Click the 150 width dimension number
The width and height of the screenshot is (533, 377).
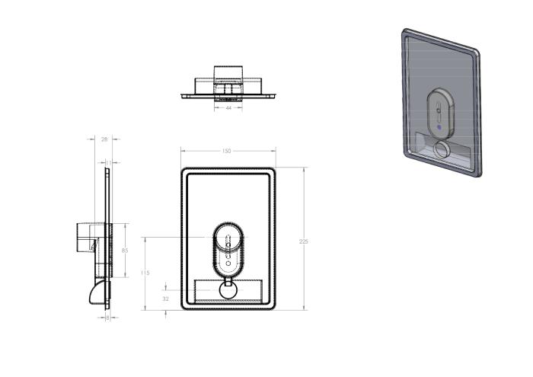[x=226, y=151]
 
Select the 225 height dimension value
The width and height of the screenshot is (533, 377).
[x=304, y=241]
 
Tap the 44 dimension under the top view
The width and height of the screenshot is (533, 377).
[x=228, y=108]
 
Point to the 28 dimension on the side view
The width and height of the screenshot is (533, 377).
[x=104, y=139]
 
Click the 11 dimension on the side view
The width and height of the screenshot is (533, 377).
[x=107, y=162]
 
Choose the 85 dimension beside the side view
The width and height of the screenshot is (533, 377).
[x=124, y=250]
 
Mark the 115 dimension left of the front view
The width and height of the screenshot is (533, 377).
[x=145, y=273]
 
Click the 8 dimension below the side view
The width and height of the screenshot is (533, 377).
[x=107, y=317]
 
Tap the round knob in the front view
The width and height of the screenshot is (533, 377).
[x=228, y=289]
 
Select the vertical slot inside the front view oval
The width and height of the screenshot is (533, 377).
[x=228, y=255]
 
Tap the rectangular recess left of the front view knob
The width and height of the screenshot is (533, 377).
[x=207, y=291]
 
